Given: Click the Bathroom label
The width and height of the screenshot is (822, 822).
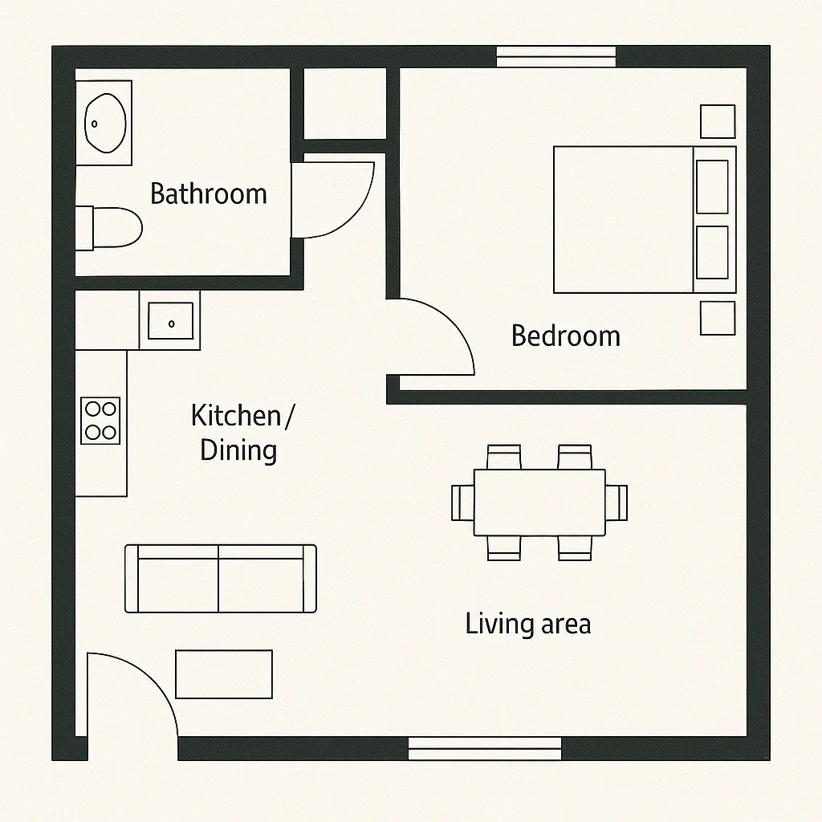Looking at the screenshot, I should click(x=208, y=194).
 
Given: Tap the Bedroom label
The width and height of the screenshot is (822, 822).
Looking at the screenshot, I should click(x=566, y=336).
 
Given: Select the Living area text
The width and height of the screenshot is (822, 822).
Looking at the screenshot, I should click(x=527, y=624).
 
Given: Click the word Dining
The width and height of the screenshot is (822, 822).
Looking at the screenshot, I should click(x=238, y=450).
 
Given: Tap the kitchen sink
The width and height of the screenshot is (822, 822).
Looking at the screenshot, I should click(x=170, y=320).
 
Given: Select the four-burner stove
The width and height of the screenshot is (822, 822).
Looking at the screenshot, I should click(x=101, y=420).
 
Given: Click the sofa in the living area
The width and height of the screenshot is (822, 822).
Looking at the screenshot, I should click(x=220, y=579).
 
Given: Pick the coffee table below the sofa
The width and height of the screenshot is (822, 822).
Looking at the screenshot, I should click(x=224, y=674).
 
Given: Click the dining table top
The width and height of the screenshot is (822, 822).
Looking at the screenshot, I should click(x=539, y=503).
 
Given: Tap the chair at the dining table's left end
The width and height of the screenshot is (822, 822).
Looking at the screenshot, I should click(x=462, y=503).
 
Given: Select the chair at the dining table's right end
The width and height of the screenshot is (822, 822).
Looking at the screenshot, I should click(x=616, y=503).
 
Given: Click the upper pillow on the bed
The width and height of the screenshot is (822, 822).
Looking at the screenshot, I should click(x=712, y=186).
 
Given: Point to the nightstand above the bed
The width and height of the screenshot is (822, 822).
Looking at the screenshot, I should click(x=718, y=121).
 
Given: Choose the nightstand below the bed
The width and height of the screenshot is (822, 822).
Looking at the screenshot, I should click(x=718, y=318).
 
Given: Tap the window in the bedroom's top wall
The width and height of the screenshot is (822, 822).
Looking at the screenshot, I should click(x=555, y=56).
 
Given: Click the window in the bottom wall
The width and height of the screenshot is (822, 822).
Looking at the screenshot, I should click(x=485, y=748).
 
